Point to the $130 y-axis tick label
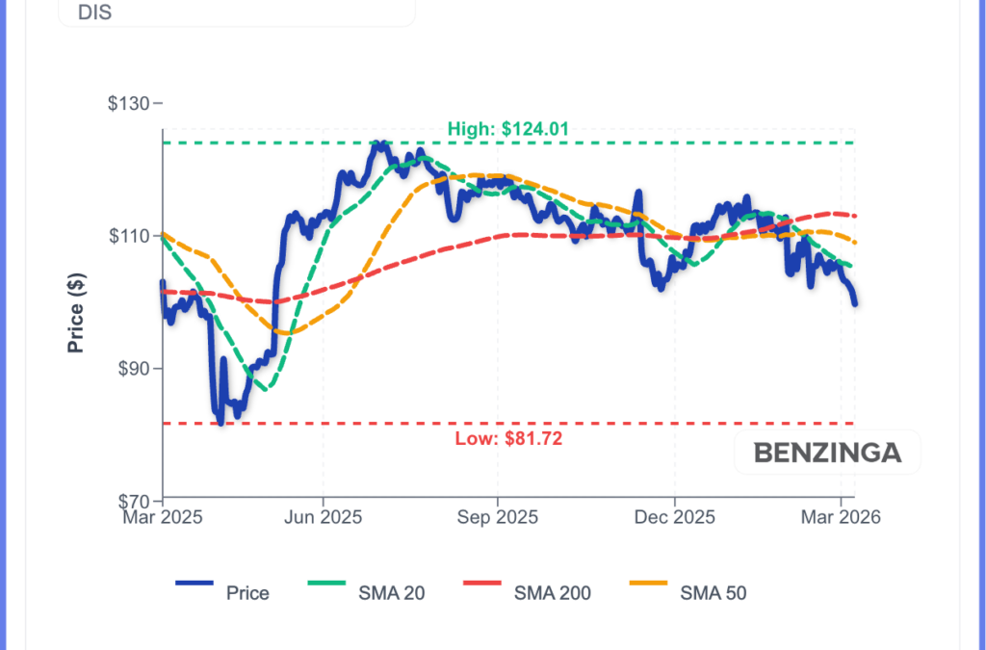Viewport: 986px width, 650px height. pyautogui.click(x=133, y=103)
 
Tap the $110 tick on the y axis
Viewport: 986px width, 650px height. pyautogui.click(x=133, y=236)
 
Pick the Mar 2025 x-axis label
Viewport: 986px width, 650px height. pyautogui.click(x=162, y=517)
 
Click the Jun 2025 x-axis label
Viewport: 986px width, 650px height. pyautogui.click(x=324, y=517)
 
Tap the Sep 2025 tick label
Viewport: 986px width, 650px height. pyautogui.click(x=498, y=517)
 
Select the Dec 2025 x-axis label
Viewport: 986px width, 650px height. pyautogui.click(x=675, y=517)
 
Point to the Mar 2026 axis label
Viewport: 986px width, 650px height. pyautogui.click(x=842, y=517)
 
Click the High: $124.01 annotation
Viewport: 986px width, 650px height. pyautogui.click(x=501, y=128)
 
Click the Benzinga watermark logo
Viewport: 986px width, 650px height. pyautogui.click(x=827, y=453)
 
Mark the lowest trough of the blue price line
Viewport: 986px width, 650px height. pyautogui.click(x=221, y=422)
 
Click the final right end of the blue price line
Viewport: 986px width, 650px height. pyautogui.click(x=855, y=303)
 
